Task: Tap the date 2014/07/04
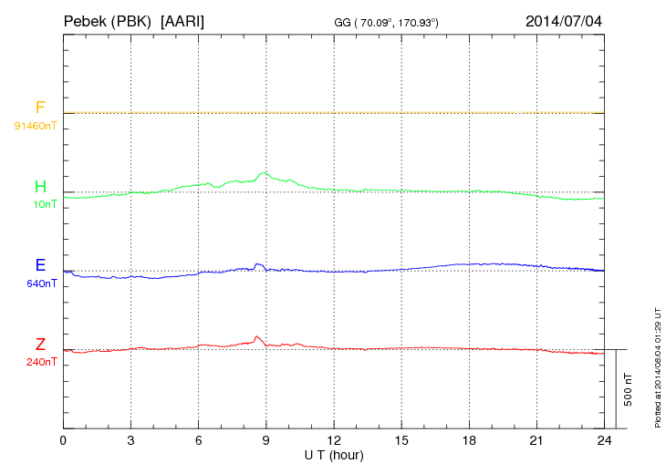pos(564,20)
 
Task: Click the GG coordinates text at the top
pos(388,22)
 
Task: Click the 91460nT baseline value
pos(36,125)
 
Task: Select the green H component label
pos(40,187)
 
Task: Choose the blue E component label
pos(40,265)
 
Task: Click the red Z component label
pos(40,345)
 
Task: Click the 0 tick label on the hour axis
pos(63,441)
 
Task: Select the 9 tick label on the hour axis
pos(266,441)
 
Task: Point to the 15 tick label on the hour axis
pos(401,441)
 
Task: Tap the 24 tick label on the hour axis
pos(605,441)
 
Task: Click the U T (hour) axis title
pos(334,454)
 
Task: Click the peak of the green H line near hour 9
pos(265,172)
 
